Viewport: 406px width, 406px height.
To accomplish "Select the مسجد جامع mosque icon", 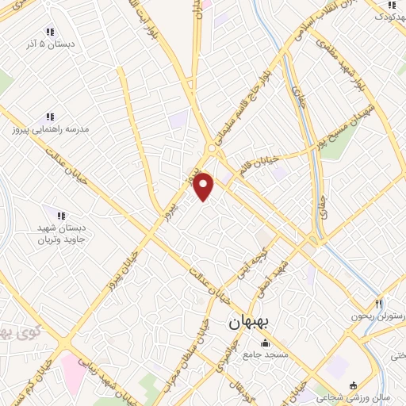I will tap(265, 343).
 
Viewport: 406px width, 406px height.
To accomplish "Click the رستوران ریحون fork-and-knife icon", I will tap(378, 304).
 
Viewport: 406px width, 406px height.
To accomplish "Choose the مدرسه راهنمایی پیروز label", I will tap(50, 128).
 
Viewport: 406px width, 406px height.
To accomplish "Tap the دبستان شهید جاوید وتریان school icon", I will tap(60, 214).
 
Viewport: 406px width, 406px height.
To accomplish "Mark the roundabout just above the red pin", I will tap(212, 149).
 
